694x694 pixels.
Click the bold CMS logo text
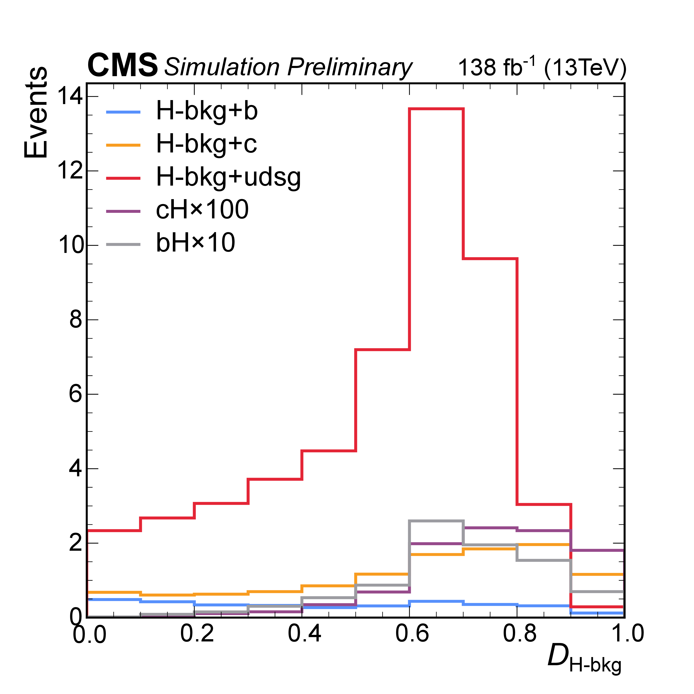coord(122,65)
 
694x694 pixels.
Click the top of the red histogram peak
coord(437,108)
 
